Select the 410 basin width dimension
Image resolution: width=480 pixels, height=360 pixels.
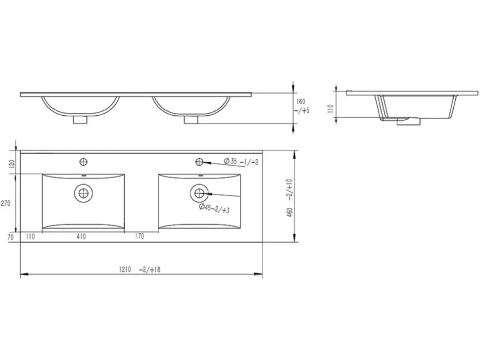pyautogui.click(x=81, y=236)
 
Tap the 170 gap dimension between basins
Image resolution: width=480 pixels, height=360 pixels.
pyautogui.click(x=139, y=236)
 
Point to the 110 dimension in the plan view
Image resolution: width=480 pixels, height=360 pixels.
pyautogui.click(x=30, y=236)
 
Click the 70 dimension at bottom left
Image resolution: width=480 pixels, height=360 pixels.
pyautogui.click(x=11, y=237)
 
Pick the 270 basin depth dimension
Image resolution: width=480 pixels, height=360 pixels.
pyautogui.click(x=5, y=203)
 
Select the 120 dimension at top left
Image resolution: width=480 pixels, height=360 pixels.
pyautogui.click(x=12, y=163)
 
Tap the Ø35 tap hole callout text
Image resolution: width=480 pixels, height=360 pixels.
pyautogui.click(x=241, y=161)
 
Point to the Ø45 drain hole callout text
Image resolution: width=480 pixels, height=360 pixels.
pyautogui.click(x=214, y=208)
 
